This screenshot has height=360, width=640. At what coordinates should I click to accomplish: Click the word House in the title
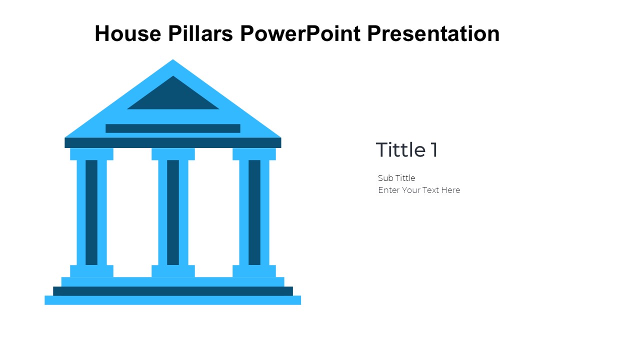(x=128, y=33)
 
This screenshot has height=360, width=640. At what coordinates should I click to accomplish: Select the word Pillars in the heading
(x=200, y=33)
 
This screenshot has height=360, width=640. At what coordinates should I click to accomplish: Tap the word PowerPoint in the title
(x=300, y=33)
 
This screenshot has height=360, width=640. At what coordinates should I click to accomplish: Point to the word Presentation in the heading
(x=433, y=33)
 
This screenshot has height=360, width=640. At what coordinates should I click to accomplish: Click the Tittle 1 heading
(x=406, y=149)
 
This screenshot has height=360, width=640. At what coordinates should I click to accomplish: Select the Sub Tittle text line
(x=396, y=178)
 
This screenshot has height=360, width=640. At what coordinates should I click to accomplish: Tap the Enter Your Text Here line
(x=419, y=190)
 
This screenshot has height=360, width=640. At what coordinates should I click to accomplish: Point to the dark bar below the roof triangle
(x=173, y=128)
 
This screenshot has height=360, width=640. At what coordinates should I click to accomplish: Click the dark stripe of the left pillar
(x=91, y=212)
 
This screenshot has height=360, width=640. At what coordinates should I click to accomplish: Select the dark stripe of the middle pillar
(x=173, y=212)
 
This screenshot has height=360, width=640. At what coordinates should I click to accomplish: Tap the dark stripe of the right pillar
(x=254, y=212)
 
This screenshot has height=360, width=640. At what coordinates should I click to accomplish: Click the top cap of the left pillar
(x=91, y=154)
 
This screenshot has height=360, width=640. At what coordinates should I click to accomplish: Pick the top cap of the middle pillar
(x=173, y=154)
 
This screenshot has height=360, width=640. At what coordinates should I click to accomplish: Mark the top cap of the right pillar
(x=254, y=154)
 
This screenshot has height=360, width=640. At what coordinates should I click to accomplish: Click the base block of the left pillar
(x=91, y=271)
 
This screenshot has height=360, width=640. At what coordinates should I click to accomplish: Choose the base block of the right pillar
(x=254, y=271)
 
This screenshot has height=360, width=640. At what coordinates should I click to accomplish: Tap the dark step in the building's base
(x=173, y=291)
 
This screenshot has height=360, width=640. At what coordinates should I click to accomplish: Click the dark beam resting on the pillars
(x=173, y=143)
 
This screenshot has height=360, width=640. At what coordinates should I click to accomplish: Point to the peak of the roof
(x=173, y=59)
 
